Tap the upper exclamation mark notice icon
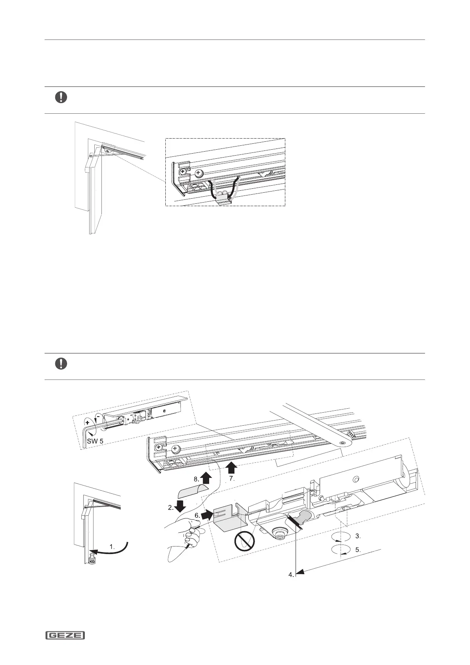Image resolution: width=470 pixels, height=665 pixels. click(61, 97)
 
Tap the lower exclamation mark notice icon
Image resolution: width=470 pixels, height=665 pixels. click(61, 364)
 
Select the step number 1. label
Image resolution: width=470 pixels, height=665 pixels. click(112, 547)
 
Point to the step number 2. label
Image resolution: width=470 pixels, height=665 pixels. click(170, 508)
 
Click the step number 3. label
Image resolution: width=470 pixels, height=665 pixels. click(357, 536)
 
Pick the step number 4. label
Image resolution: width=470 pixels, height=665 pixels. click(291, 575)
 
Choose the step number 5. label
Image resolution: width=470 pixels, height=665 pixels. click(358, 549)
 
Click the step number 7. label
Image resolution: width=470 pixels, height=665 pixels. click(232, 479)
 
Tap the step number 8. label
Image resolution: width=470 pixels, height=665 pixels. click(197, 479)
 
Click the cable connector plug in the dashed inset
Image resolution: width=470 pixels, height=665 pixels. click(224, 197)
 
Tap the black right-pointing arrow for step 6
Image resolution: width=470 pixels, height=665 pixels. click(207, 515)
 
